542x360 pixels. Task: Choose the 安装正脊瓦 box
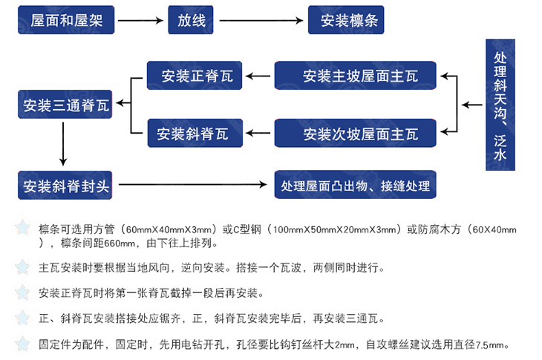194,76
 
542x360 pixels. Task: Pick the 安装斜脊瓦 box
194,134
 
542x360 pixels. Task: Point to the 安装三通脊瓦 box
65,105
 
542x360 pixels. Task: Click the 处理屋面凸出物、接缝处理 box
355,185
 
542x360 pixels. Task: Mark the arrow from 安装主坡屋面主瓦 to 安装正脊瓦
258,76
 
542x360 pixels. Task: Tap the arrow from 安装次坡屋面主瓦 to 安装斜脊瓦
258,134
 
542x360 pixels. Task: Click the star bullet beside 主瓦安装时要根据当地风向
23,266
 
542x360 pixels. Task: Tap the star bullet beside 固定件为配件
23,344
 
